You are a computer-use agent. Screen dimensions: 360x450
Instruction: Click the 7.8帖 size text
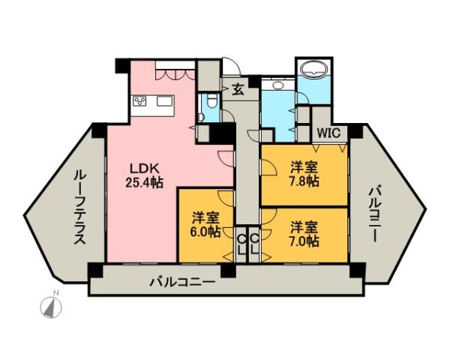point(304,181)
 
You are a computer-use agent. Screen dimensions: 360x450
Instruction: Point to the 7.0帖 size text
point(304,241)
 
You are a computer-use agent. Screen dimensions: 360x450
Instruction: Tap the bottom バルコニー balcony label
point(182,282)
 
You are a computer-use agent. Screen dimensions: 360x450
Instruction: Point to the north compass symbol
point(50,307)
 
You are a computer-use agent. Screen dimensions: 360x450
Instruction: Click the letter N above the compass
point(46,292)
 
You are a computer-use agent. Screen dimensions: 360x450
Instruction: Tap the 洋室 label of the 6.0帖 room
point(205,217)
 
